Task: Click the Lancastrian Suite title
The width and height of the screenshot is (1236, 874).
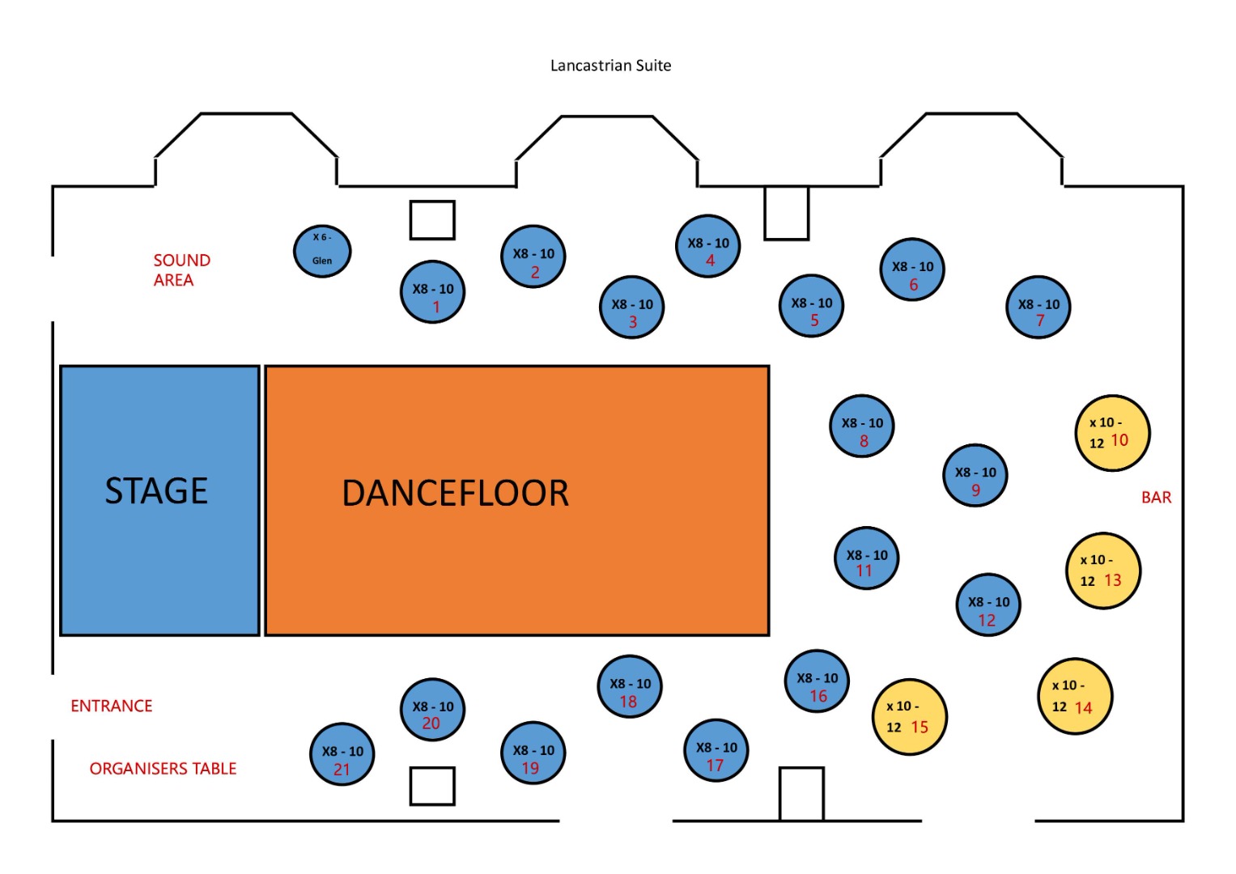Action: tap(610, 66)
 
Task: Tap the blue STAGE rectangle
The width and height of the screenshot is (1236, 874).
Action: tap(159, 500)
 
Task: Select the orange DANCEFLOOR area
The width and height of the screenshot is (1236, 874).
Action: tap(516, 500)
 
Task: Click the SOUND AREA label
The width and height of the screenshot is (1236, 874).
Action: tap(181, 269)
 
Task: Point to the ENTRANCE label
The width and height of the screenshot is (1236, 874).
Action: tap(111, 706)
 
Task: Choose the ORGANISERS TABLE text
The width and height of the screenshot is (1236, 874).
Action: tap(163, 768)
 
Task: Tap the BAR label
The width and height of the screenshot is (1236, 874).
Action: tap(1156, 497)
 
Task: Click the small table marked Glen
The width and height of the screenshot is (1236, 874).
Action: tap(322, 250)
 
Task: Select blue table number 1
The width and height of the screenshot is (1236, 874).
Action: tap(433, 292)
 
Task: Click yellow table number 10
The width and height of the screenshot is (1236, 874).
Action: tap(1112, 433)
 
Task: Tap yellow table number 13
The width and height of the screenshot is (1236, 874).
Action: tap(1103, 571)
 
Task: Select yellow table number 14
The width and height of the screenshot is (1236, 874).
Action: tap(1075, 696)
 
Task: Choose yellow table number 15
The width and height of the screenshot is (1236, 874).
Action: tap(910, 716)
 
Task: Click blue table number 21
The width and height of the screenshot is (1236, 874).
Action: tap(342, 755)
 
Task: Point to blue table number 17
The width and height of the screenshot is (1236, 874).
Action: tap(716, 752)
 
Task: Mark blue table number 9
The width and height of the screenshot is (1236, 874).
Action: tap(975, 476)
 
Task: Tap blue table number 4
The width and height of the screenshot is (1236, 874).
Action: tap(708, 246)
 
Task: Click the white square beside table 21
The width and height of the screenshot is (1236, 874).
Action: tap(432, 786)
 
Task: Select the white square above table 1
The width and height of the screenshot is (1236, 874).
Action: tap(432, 219)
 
